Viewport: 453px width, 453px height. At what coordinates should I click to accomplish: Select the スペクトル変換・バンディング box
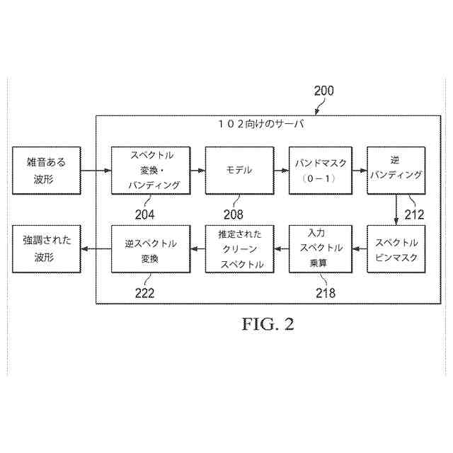coord(151,170)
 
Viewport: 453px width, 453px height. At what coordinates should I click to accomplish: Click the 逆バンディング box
coord(396,170)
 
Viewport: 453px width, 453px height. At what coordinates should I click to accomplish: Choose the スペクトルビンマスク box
coord(396,248)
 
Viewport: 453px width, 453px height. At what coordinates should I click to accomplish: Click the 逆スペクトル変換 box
coord(151,248)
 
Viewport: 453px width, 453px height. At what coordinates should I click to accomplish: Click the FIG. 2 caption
coord(268,324)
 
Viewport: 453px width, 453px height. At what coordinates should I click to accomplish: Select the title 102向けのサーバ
coord(261,125)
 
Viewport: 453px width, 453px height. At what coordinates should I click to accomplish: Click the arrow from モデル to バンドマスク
coord(280,170)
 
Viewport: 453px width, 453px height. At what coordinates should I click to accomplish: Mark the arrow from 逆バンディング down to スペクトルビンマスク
coord(396,210)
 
